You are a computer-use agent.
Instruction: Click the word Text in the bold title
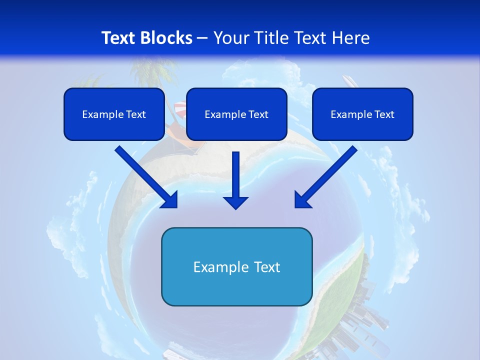[x=118, y=38]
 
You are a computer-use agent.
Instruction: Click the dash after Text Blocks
[x=202, y=38]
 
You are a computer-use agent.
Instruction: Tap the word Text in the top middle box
[x=258, y=114]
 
